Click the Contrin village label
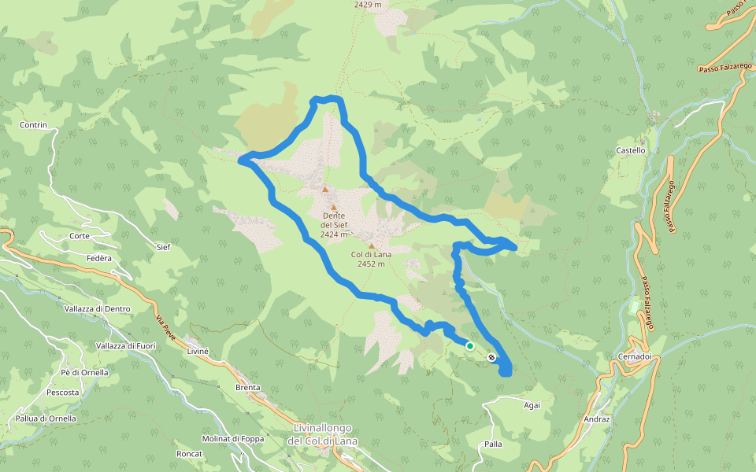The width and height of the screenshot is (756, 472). (x=34, y=125)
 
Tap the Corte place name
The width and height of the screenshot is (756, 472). (x=79, y=236)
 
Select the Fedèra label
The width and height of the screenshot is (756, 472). (x=98, y=258)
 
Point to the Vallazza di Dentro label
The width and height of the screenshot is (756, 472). (x=98, y=309)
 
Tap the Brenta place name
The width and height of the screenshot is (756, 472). (x=248, y=388)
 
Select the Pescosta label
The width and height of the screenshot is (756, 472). (x=62, y=392)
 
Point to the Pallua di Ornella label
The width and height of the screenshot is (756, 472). (x=46, y=419)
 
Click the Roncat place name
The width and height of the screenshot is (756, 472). (x=190, y=454)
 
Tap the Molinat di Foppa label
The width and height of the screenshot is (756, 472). (x=232, y=438)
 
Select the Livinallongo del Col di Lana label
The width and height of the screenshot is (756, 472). (x=323, y=434)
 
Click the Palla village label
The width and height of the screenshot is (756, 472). (x=494, y=444)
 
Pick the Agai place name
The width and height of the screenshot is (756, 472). (x=532, y=405)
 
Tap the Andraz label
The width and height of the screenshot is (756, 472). (x=597, y=419)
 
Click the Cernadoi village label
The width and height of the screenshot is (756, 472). (x=634, y=356)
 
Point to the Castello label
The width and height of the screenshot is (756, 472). (x=631, y=150)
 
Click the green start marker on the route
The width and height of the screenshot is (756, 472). (x=470, y=345)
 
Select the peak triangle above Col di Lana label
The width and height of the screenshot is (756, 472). (x=372, y=245)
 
